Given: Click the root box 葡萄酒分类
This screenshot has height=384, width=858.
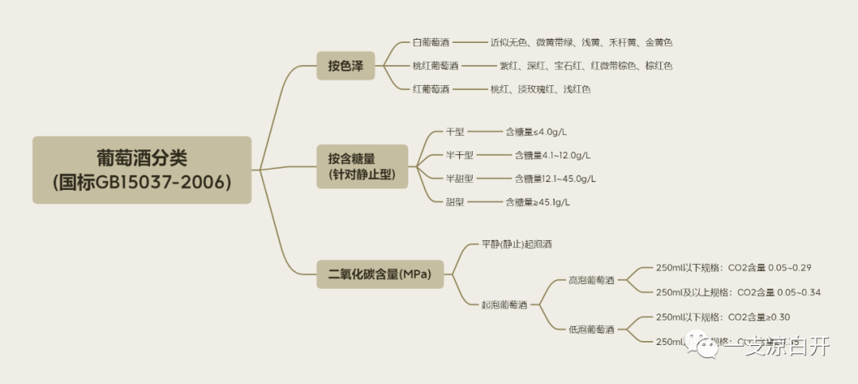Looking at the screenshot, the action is pos(142,169).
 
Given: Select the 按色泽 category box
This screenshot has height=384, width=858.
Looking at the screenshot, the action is pos(345,66).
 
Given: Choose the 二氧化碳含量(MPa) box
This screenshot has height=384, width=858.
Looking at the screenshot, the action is pos(379,275).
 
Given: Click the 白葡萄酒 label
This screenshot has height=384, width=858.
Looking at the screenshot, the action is pos(431,42).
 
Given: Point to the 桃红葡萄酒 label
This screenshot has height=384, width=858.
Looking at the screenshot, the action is pos(435,66).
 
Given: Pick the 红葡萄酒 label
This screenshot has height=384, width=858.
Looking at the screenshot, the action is pos(431,89).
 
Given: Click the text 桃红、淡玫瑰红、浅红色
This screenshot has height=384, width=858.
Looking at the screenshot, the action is pos(540,89).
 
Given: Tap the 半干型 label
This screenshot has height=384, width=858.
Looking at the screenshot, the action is pos(459,155).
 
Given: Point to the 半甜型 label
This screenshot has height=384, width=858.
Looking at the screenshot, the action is pos(459,178).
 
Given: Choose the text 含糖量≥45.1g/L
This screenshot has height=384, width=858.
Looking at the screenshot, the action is pos(538,202).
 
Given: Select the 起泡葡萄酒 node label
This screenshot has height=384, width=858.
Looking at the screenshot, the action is pos(504,304).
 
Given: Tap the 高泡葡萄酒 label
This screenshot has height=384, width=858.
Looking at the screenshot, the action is pos(591,280).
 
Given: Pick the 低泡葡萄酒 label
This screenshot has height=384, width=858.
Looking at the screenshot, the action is pos(591,329).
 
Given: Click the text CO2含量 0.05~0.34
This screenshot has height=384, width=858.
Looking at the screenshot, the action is pos(779,293).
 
